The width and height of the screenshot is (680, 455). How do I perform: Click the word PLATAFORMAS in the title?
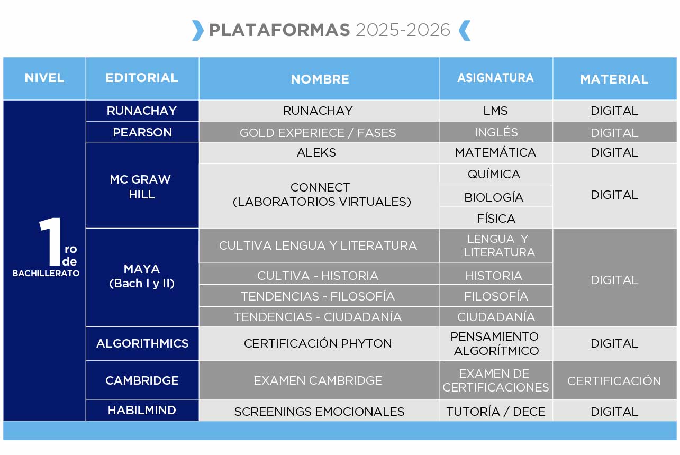[279, 30]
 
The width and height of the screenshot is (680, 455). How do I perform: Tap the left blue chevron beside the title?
[198, 30]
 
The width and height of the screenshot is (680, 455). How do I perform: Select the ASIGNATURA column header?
[495, 78]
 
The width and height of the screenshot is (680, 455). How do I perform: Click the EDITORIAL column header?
[142, 78]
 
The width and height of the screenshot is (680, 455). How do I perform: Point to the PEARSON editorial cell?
[142, 132]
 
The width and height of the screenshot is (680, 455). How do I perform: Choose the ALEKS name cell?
[319, 153]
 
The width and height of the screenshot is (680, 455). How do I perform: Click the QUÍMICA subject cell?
[495, 174]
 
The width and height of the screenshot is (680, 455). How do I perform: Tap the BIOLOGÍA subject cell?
[495, 197]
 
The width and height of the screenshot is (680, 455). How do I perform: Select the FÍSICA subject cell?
[495, 219]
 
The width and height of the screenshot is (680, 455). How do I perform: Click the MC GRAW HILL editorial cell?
[142, 186]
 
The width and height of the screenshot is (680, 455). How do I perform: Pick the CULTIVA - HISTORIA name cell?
[319, 276]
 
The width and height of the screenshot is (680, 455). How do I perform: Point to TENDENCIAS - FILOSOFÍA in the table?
[318, 296]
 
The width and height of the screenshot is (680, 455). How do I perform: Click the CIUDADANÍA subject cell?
[495, 317]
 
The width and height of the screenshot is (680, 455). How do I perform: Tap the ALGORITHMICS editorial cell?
[142, 343]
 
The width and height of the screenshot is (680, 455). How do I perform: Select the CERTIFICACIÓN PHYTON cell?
[319, 343]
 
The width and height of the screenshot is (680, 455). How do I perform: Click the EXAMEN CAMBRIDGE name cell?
[319, 380]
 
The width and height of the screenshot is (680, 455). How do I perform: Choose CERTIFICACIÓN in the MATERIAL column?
[614, 381]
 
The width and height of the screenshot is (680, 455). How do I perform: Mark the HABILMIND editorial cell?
[142, 410]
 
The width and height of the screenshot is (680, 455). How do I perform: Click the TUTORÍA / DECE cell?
[495, 412]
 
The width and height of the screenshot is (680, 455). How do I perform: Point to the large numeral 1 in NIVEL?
[51, 242]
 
